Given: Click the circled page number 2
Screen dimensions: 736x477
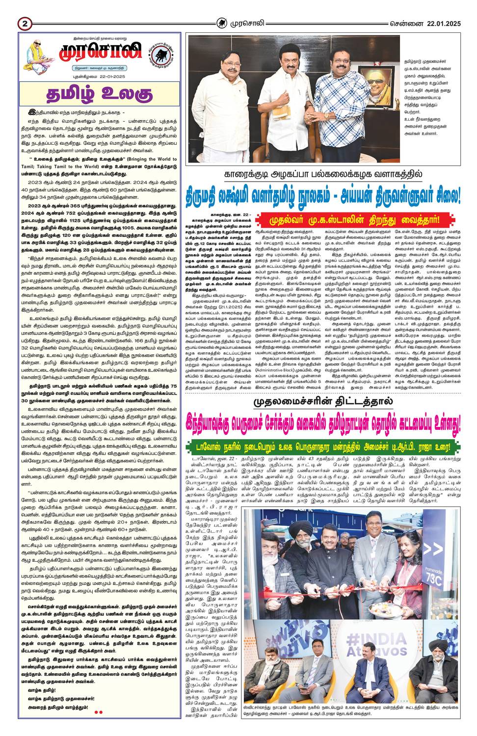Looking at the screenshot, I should pyautogui.click(x=24, y=23).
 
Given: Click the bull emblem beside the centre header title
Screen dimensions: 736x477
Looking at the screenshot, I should pyautogui.click(x=223, y=23).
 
